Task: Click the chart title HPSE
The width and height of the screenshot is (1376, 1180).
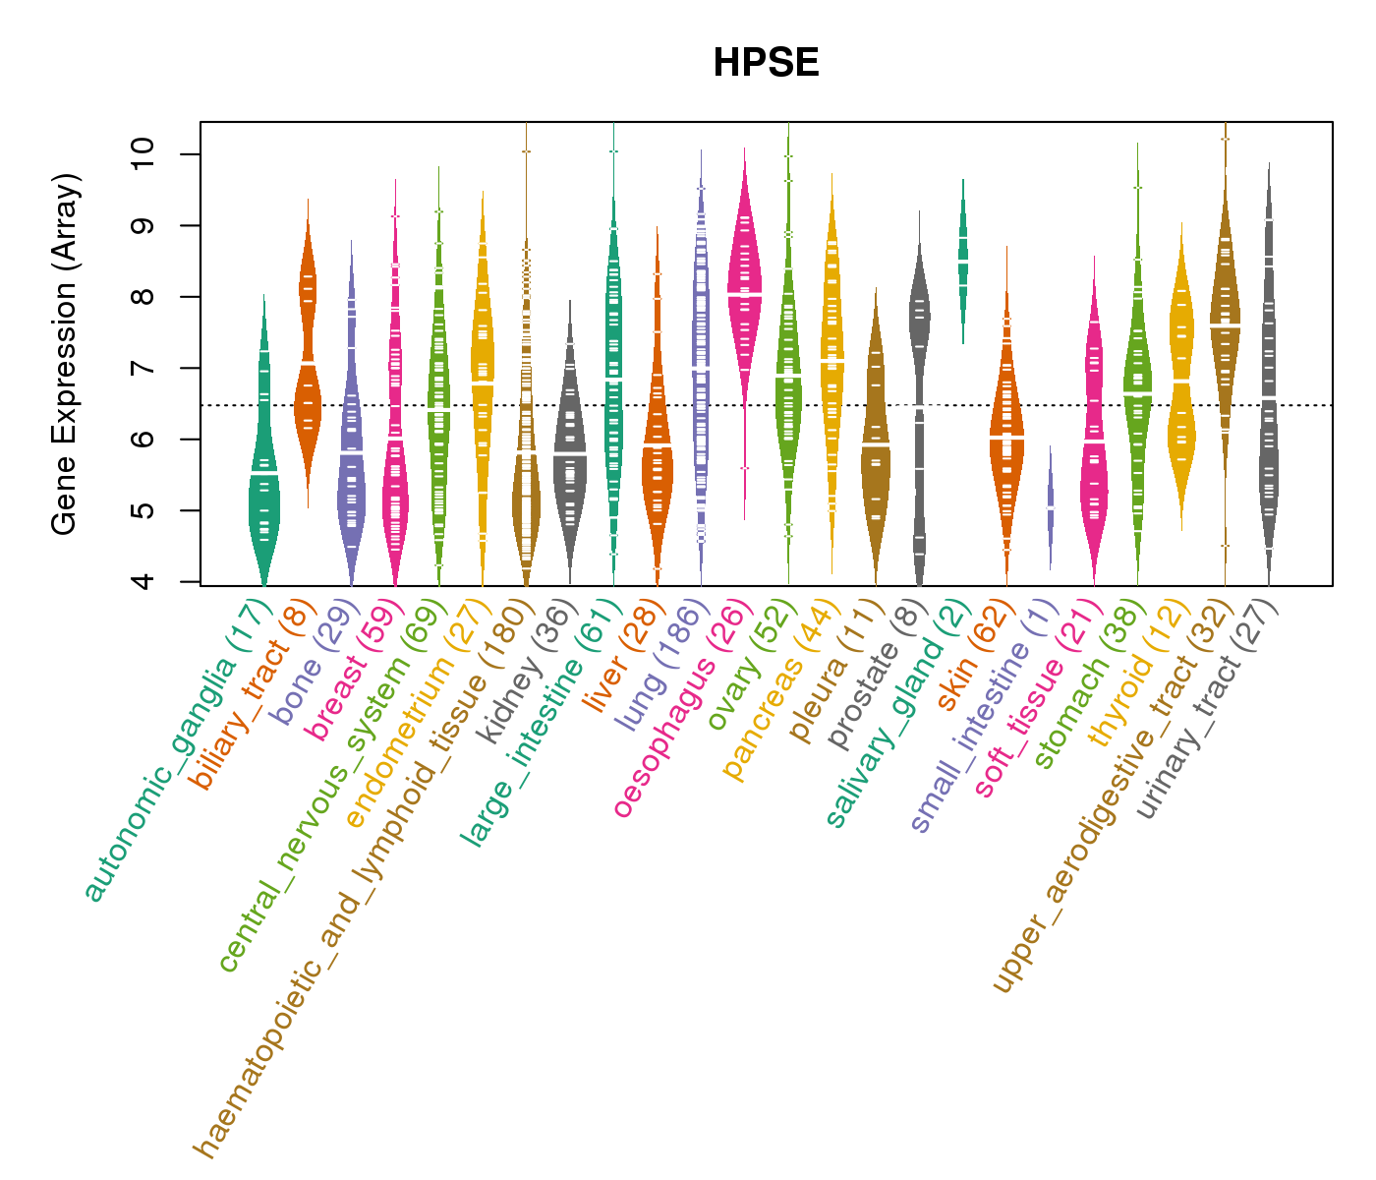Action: [x=766, y=64]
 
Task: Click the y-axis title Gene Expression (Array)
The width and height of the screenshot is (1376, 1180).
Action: [x=65, y=355]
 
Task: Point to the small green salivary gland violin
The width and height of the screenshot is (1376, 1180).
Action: [x=963, y=261]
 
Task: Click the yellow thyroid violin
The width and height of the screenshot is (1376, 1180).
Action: [x=1180, y=374]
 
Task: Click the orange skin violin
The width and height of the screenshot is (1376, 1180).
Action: [x=1006, y=442]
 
